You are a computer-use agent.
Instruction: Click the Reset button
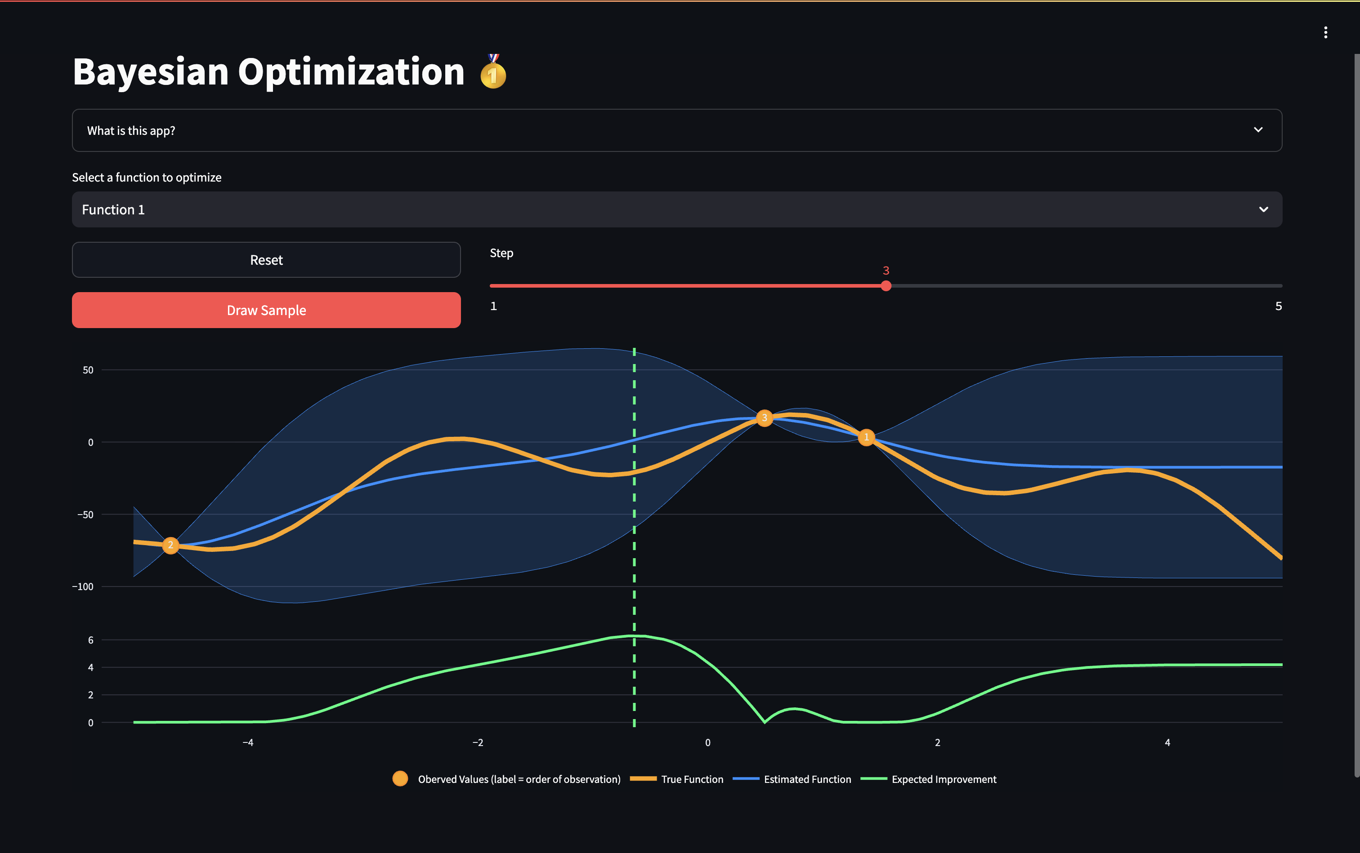pyautogui.click(x=266, y=260)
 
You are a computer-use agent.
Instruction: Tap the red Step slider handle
pyautogui.click(x=886, y=286)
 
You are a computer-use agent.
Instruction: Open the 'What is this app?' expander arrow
pyautogui.click(x=1258, y=130)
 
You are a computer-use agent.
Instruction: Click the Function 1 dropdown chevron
pyautogui.click(x=1263, y=210)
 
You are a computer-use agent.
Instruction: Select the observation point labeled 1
pyautogui.click(x=866, y=437)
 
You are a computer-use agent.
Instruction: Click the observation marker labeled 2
pyautogui.click(x=170, y=545)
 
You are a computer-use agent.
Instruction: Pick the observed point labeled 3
pyautogui.click(x=765, y=418)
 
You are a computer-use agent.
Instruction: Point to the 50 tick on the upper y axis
pyautogui.click(x=88, y=370)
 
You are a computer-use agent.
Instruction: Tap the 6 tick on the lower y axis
pyautogui.click(x=90, y=640)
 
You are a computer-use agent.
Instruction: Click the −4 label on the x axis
pyautogui.click(x=248, y=743)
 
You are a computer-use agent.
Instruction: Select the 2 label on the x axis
pyautogui.click(x=937, y=743)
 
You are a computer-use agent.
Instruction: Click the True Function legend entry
pyautogui.click(x=692, y=779)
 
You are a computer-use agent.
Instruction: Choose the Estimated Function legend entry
pyautogui.click(x=807, y=779)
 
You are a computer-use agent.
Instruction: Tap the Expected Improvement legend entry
pyautogui.click(x=944, y=779)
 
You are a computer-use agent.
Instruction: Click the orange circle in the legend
pyautogui.click(x=400, y=778)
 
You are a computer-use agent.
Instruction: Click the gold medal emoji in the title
pyautogui.click(x=493, y=73)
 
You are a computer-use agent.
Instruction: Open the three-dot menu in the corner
pyautogui.click(x=1325, y=33)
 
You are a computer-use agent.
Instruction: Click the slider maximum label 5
pyautogui.click(x=1278, y=307)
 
